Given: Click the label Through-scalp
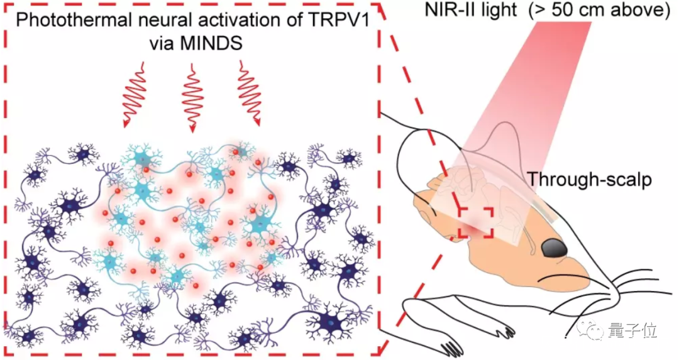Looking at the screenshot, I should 589,180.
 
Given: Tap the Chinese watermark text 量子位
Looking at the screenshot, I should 636,330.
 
